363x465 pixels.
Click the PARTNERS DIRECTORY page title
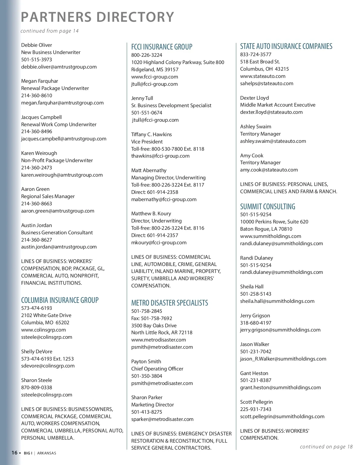click(97, 17)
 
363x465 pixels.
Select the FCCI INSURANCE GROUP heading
click(162, 47)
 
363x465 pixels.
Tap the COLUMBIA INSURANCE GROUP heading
click(60, 300)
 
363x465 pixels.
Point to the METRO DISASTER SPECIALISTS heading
click(169, 303)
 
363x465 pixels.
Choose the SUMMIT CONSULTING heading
click(267, 207)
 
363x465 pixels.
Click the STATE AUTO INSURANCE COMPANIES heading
click(286, 46)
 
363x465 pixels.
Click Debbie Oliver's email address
click(59, 67)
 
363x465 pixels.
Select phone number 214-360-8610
click(37, 95)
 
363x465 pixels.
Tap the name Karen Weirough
click(39, 153)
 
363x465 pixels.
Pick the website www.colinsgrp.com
click(43, 330)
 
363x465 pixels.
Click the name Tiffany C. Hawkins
click(151, 134)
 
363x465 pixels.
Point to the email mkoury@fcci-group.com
click(159, 242)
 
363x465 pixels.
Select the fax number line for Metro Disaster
click(152, 318)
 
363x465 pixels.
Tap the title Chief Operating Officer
click(157, 369)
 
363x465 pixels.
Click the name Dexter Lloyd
click(254, 98)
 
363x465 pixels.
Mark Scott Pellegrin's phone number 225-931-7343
click(256, 409)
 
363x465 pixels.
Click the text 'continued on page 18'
click(326, 447)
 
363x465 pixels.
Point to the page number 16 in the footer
click(14, 453)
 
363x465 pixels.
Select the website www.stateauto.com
click(263, 76)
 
